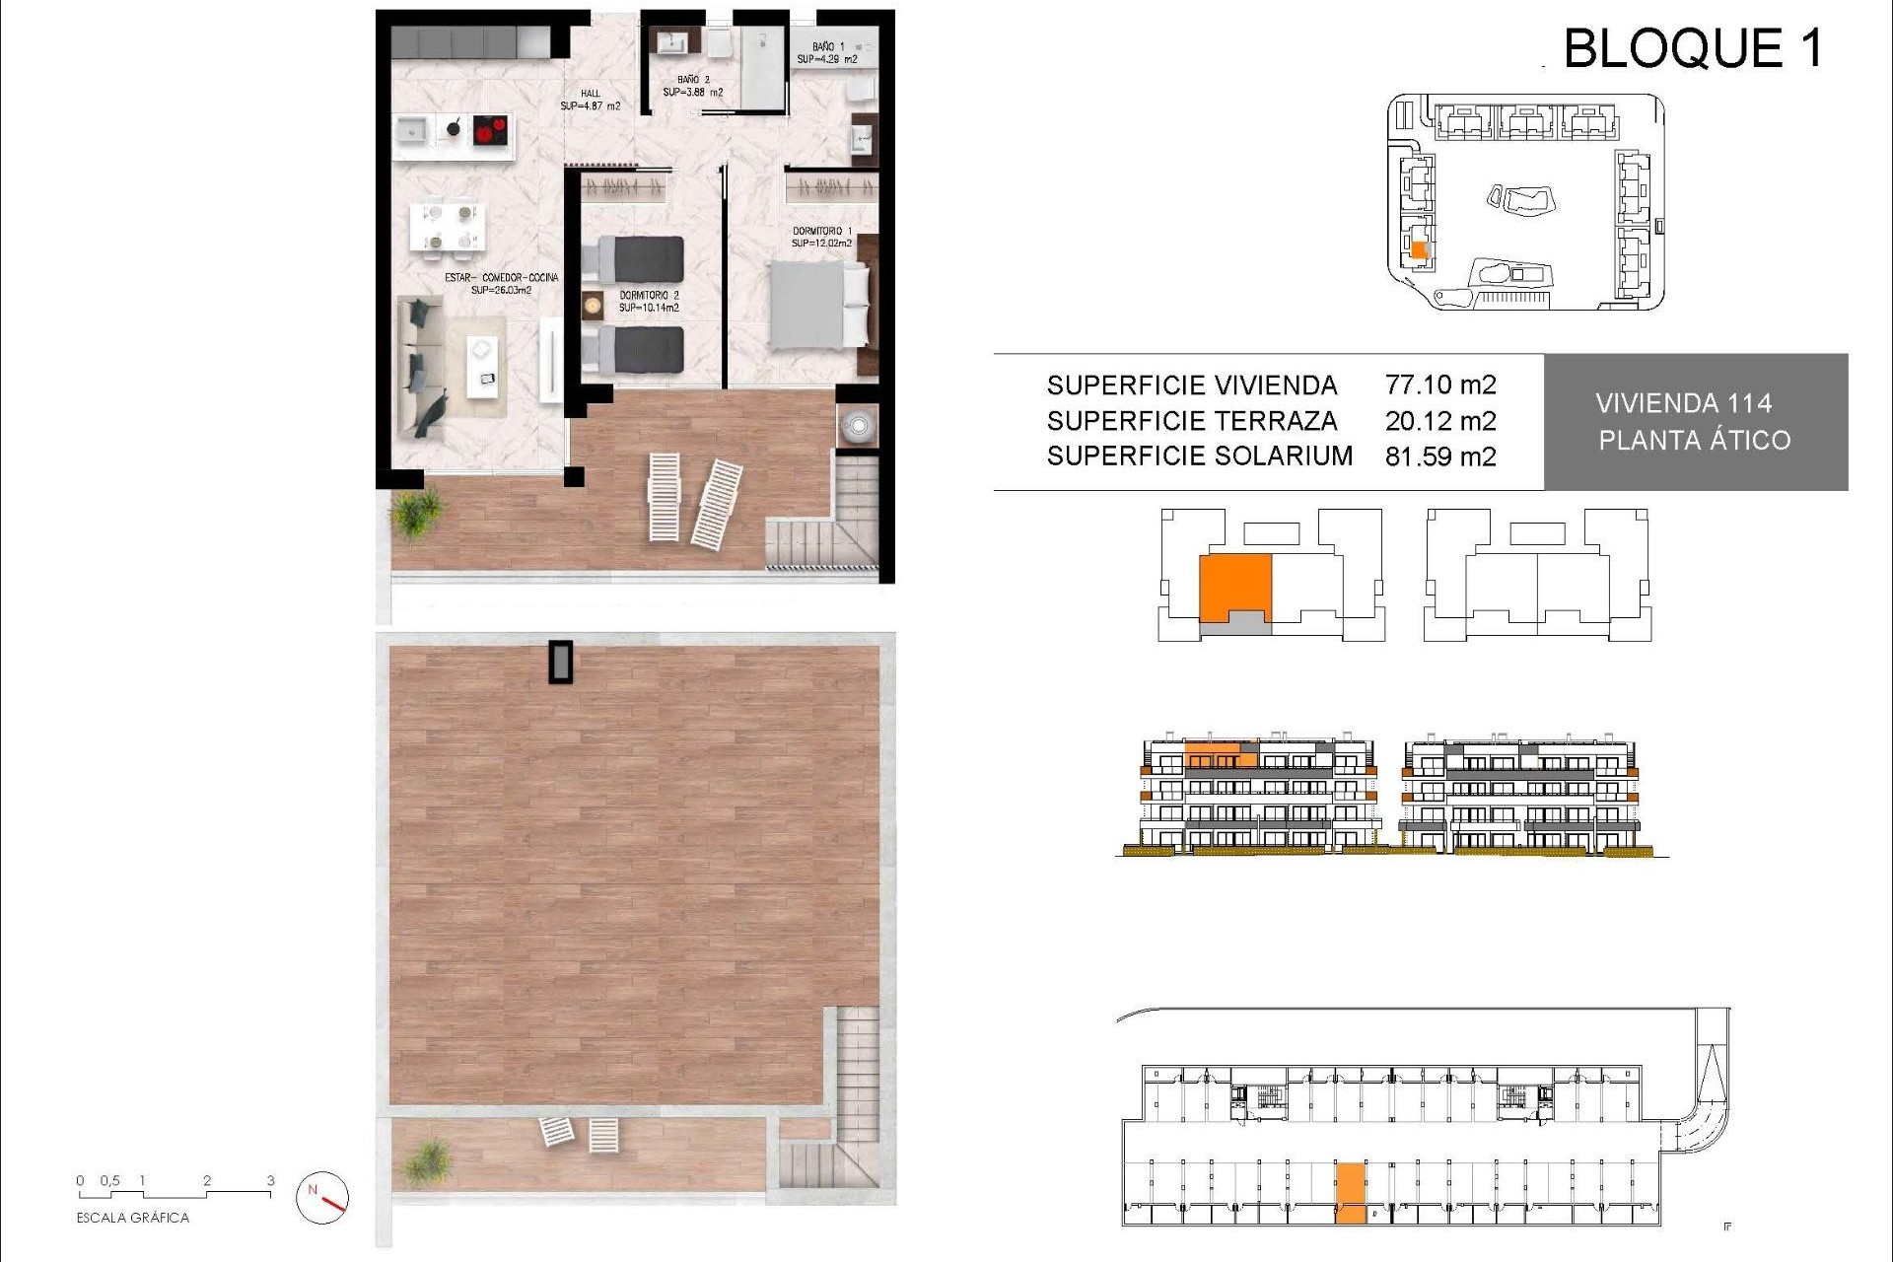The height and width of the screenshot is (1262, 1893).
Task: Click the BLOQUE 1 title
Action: coord(1692,48)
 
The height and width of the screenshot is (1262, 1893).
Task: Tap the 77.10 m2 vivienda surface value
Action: coord(1439,385)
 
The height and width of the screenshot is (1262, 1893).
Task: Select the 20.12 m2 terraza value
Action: coord(1439,421)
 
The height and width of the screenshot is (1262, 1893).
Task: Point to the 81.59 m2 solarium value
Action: coord(1439,456)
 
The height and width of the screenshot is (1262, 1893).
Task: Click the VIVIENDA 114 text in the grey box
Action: coord(1683,403)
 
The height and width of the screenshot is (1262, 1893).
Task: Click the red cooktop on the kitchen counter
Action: coord(490,129)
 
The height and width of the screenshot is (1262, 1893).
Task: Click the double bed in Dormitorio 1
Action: coord(816,305)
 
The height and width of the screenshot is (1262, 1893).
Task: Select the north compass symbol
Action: coord(322,1197)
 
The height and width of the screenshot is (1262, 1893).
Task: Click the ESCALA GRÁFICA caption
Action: coord(132,1219)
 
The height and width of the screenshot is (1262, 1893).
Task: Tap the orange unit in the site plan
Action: coord(1419,250)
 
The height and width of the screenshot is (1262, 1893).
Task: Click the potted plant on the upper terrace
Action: coord(418,512)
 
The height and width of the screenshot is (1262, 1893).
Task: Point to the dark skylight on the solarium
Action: coord(560,662)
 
